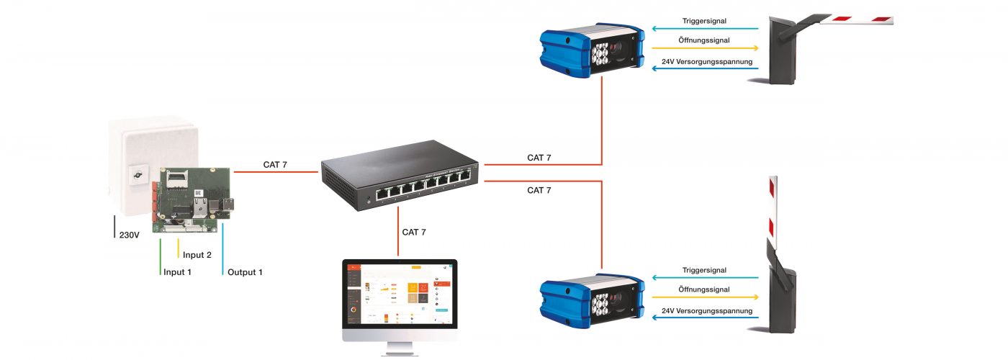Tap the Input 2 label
[x=197, y=255]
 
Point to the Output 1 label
[x=246, y=272]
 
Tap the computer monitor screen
[x=399, y=295]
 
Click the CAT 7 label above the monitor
[x=414, y=232]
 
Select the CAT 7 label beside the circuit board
[x=275, y=165]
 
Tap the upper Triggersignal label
[x=705, y=21]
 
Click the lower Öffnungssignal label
[x=705, y=289]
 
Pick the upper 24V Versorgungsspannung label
[x=707, y=62]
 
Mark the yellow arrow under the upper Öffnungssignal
[x=706, y=49]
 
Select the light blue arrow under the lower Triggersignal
[x=706, y=277]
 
